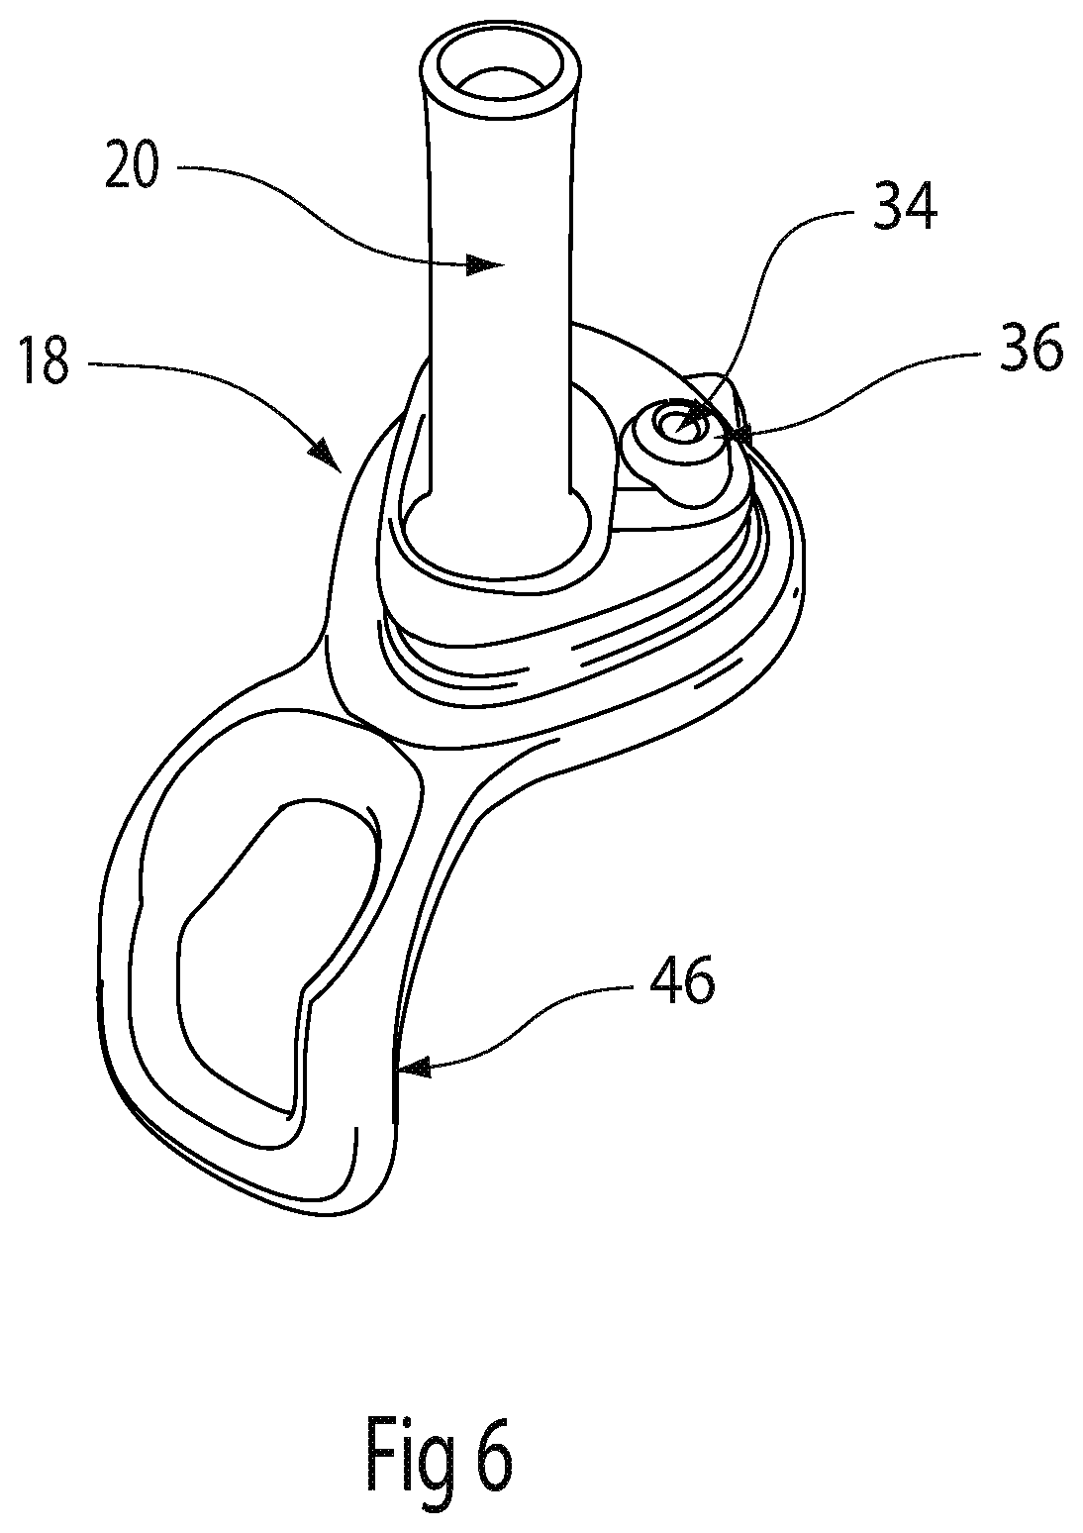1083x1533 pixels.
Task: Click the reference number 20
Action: (x=132, y=165)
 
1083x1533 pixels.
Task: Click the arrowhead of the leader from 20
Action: (x=482, y=264)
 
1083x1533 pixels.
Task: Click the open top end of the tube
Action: (x=500, y=70)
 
